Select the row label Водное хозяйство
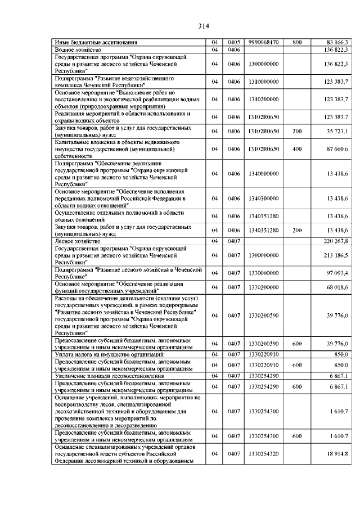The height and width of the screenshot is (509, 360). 76,49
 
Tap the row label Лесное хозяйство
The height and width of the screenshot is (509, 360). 76,240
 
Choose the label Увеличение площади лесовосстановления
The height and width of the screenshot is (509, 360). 102,375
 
